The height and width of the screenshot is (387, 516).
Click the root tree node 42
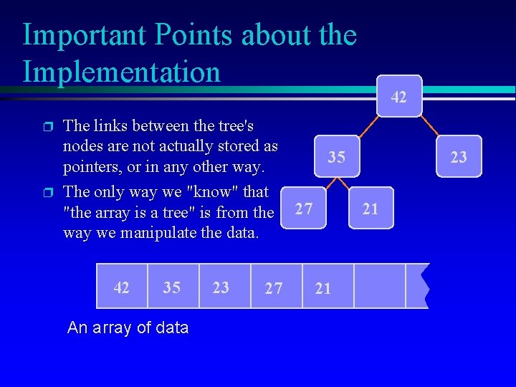(399, 95)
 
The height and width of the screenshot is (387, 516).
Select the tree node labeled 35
(337, 157)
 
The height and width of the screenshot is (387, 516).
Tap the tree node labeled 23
(458, 157)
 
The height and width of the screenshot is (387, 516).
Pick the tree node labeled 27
(304, 209)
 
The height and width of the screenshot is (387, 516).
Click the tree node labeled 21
(371, 209)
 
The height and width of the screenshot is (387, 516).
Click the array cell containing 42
(122, 287)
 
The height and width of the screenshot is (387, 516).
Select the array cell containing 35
(172, 287)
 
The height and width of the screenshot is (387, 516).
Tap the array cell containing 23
(221, 287)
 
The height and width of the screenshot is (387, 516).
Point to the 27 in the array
(274, 287)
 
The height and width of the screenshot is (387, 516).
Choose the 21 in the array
(323, 287)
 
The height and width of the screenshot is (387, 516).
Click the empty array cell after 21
(379, 286)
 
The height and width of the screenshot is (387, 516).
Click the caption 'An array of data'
(128, 328)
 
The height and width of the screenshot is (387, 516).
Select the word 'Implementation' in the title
(121, 72)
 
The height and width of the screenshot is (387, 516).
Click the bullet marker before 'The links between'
(48, 127)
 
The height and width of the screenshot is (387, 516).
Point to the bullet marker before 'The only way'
(48, 193)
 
